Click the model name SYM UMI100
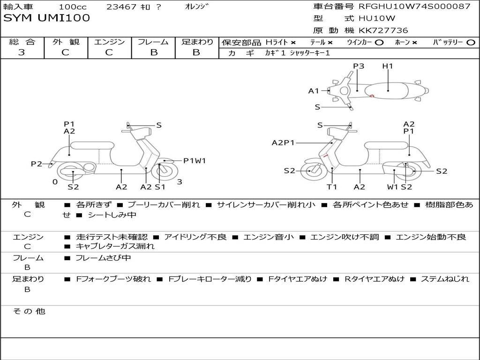[46, 18]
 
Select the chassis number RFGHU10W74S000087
[414, 6]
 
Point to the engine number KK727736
[383, 30]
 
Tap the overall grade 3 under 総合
[22, 52]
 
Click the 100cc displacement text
[73, 7]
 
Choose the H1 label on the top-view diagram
[388, 66]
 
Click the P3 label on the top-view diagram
[359, 66]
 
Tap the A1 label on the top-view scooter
[314, 91]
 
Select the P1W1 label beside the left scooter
[195, 161]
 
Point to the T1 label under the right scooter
[332, 187]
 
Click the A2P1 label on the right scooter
[283, 142]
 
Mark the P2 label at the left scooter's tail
[37, 164]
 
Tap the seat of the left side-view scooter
[92, 145]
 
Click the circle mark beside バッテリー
[471, 43]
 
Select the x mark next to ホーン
[414, 43]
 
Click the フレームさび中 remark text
[103, 258]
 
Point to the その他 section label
[29, 311]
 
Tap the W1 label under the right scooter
[392, 187]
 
